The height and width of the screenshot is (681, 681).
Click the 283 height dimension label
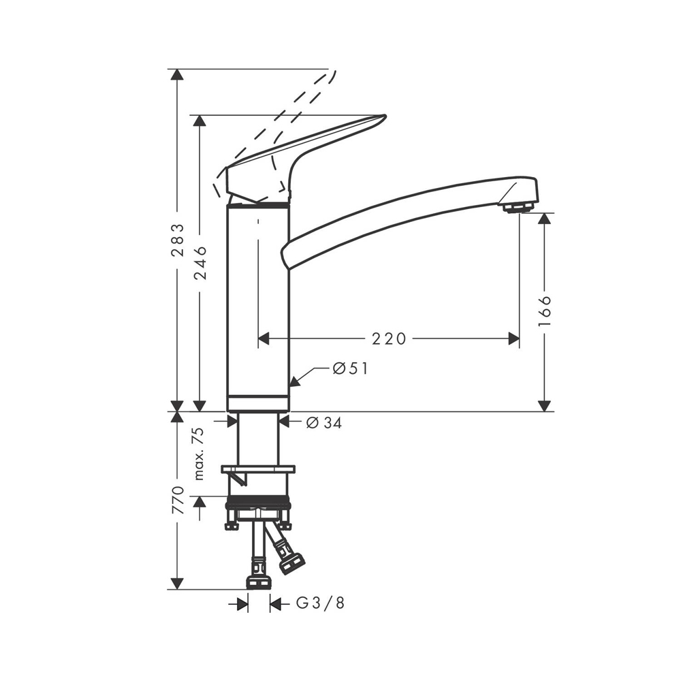(x=177, y=246)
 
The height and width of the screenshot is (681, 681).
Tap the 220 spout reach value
(x=389, y=338)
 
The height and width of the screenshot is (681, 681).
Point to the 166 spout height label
(x=544, y=311)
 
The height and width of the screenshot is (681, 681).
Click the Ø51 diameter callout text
(x=350, y=368)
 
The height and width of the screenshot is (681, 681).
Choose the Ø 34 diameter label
(x=324, y=423)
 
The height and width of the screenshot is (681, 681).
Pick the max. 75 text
(x=198, y=454)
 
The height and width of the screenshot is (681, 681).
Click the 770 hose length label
(x=178, y=500)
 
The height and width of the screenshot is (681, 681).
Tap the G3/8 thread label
(x=321, y=603)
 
